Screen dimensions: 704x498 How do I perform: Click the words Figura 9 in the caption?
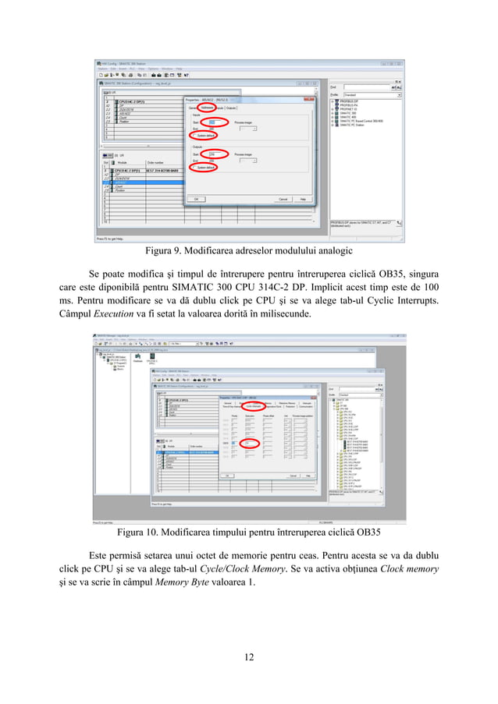pyautogui.click(x=163, y=251)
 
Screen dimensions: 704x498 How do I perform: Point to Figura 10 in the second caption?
pyautogui.click(x=137, y=533)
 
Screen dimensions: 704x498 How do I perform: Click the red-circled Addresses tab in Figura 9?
pyautogui.click(x=207, y=108)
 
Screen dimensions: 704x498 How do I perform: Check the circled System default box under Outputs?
pyautogui.click(x=205, y=168)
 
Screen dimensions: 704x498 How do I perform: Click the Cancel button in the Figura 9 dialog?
pyautogui.click(x=283, y=199)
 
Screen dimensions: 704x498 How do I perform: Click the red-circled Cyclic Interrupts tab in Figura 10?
pyautogui.click(x=252, y=406)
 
